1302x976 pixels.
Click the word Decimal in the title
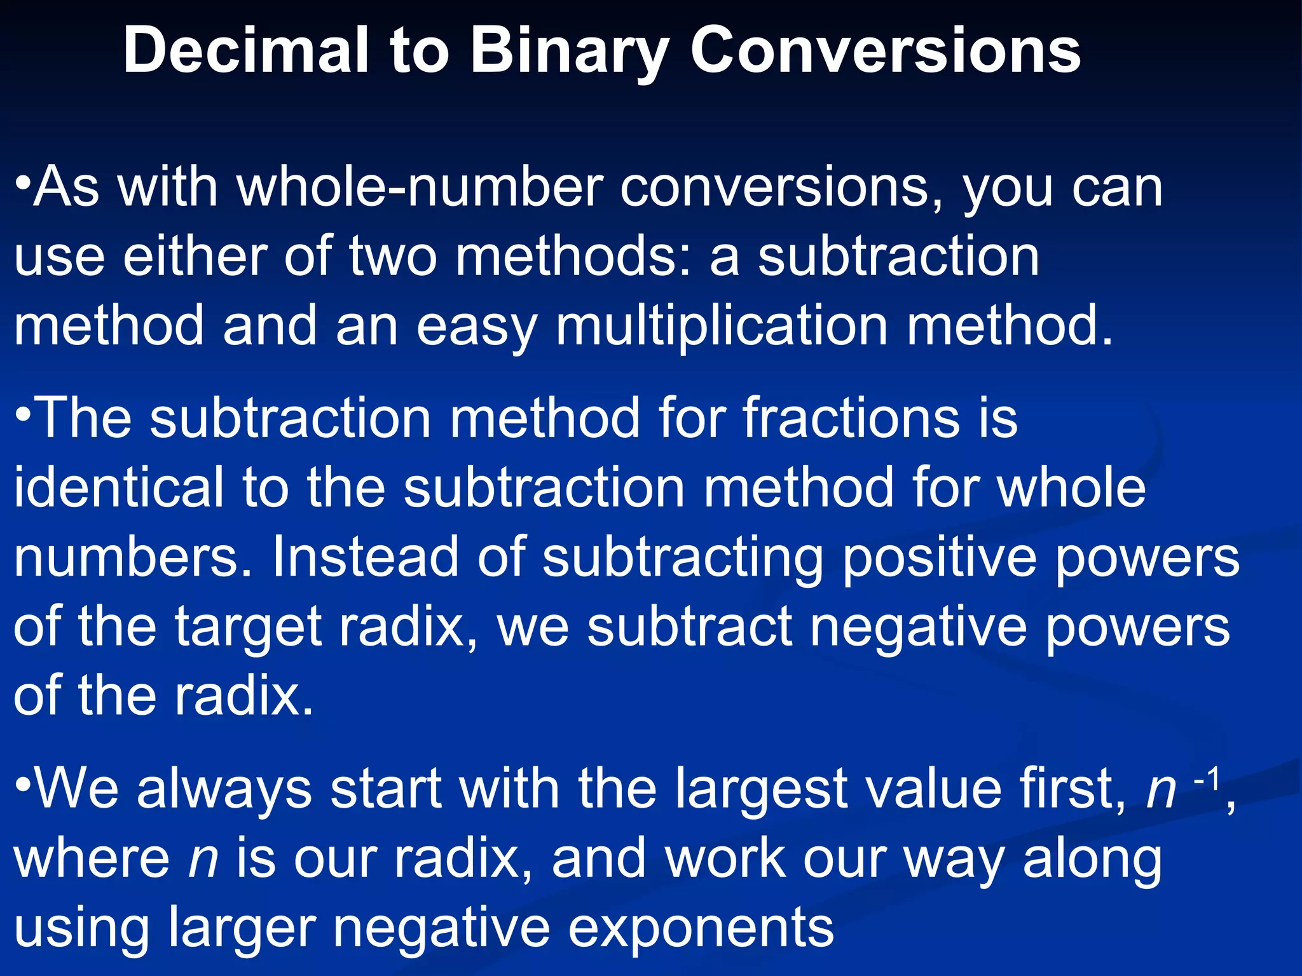coord(245,51)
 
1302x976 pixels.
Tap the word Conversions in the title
coord(886,51)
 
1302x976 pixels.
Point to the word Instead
coord(365,557)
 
